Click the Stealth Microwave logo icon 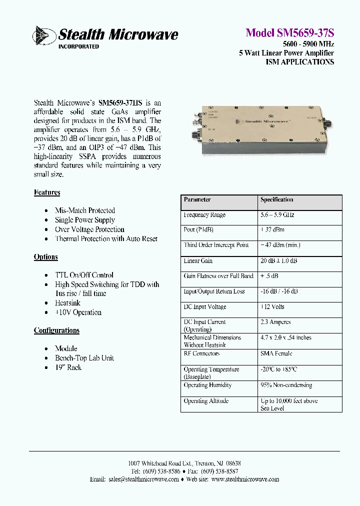click(44, 35)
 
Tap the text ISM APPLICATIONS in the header click(299, 62)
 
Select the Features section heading click(47, 192)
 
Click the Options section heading click(45, 257)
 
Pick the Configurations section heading click(56, 330)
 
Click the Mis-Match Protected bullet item click(84, 210)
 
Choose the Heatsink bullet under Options click(67, 303)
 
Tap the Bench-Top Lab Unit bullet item click(84, 358)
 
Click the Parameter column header click(197, 199)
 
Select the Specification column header click(276, 199)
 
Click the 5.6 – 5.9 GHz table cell click(277, 215)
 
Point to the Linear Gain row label click(198, 261)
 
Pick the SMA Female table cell click(276, 353)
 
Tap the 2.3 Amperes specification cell click(275, 322)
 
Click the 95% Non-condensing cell click(286, 385)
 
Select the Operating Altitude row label click(206, 401)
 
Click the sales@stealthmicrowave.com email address click(143, 479)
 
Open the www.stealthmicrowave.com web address click(245, 479)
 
